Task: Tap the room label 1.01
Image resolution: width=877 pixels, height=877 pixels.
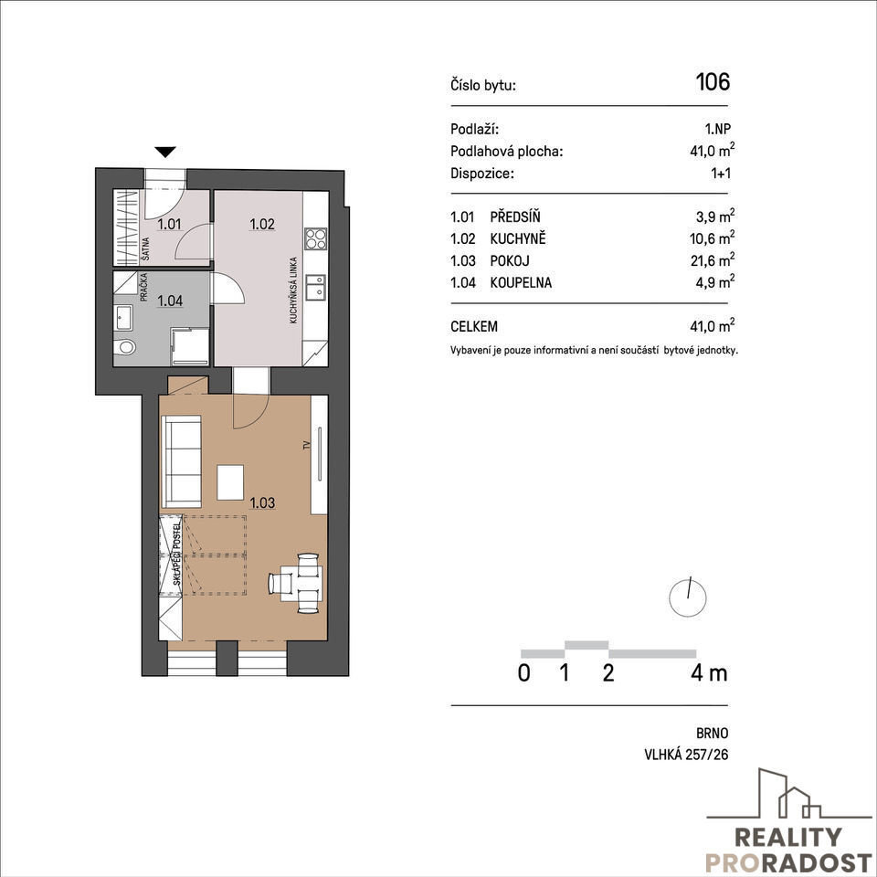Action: point(169,225)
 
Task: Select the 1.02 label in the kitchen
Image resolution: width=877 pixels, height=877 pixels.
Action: point(262,225)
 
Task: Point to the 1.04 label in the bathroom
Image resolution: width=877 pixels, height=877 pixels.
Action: point(170,301)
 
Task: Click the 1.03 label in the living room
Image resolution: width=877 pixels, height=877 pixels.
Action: point(262,502)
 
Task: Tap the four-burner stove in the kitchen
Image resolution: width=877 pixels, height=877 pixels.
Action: point(315,238)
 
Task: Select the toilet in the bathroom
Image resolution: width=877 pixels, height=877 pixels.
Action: point(125,347)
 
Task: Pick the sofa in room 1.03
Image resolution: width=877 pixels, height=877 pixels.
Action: point(181,461)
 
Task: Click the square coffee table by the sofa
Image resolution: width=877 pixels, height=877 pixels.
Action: point(230,482)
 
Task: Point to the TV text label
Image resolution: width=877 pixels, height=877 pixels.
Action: point(307,446)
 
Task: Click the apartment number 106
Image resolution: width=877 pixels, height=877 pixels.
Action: point(713,81)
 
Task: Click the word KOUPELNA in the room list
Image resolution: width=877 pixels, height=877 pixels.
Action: point(521,282)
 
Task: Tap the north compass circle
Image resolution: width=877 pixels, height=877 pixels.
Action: point(687,597)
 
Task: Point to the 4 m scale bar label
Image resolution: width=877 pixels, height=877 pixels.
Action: point(709,672)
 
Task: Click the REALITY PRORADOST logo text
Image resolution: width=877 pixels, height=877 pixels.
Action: point(788,851)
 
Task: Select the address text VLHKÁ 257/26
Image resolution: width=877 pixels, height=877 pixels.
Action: point(686,755)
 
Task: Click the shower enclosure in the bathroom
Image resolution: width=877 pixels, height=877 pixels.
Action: point(190,347)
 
